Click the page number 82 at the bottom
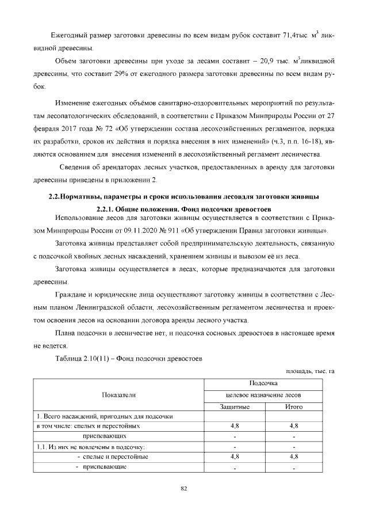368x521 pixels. click(184, 489)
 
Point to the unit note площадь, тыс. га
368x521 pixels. click(310, 371)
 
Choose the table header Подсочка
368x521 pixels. click(264, 383)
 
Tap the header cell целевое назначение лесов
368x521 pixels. click(264, 395)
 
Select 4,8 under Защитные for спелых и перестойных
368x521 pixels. click(235, 426)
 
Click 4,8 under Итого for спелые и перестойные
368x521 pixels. click(293, 456)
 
